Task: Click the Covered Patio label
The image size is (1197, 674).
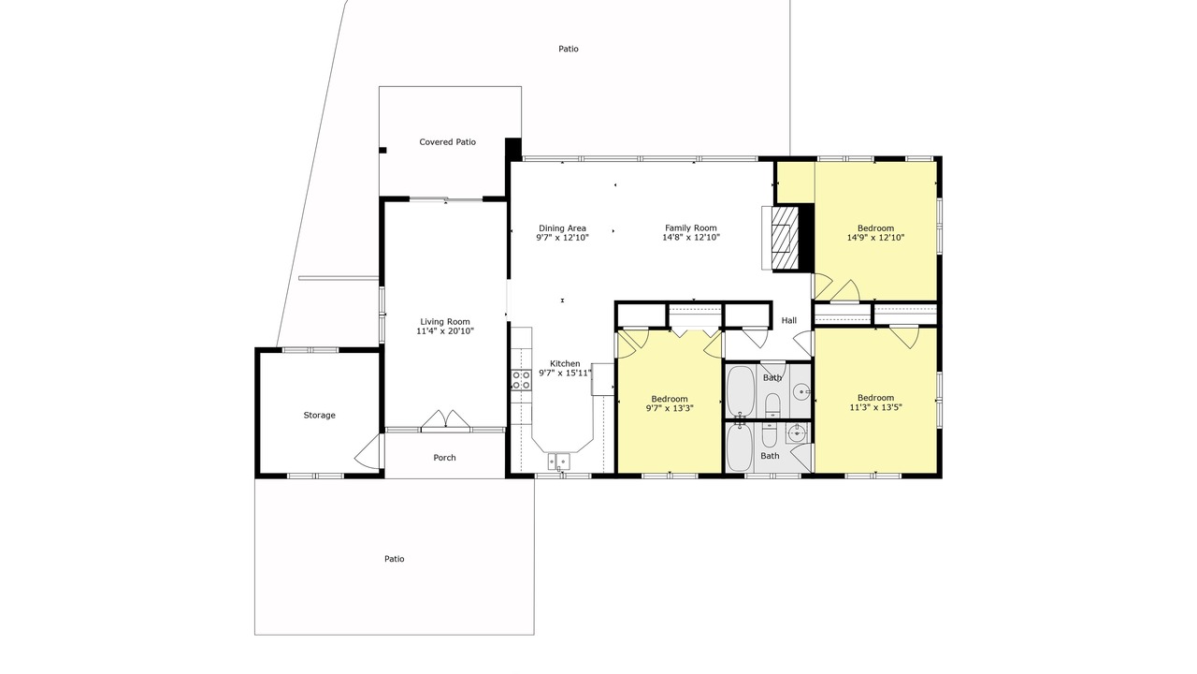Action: pyautogui.click(x=447, y=142)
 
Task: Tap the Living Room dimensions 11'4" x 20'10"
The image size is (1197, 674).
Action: pyautogui.click(x=445, y=331)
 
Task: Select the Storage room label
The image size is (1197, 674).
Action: pyautogui.click(x=320, y=415)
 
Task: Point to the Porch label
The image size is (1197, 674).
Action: pyautogui.click(x=444, y=458)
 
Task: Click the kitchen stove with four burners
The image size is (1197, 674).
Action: pyautogui.click(x=521, y=380)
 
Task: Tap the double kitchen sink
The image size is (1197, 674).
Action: pyautogui.click(x=558, y=461)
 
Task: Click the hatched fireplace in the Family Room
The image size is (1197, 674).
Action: pyautogui.click(x=785, y=238)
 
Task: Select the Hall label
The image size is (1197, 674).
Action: pyautogui.click(x=788, y=320)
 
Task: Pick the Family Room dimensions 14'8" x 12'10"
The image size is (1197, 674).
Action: pyautogui.click(x=691, y=238)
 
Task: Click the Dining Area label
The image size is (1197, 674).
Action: pyautogui.click(x=562, y=228)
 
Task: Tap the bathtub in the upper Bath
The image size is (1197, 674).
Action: pyautogui.click(x=741, y=391)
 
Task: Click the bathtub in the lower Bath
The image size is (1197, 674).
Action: pyautogui.click(x=740, y=447)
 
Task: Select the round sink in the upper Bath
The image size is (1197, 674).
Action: pyautogui.click(x=801, y=392)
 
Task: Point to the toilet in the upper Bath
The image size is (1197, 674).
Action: pyautogui.click(x=772, y=405)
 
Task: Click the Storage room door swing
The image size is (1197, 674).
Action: pyautogui.click(x=368, y=452)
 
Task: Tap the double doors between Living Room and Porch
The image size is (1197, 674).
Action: pyautogui.click(x=445, y=419)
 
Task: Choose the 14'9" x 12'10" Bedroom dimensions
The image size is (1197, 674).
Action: pyautogui.click(x=876, y=238)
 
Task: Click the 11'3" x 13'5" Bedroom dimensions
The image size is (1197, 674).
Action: pyautogui.click(x=876, y=407)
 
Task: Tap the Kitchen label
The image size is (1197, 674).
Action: pyautogui.click(x=565, y=364)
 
